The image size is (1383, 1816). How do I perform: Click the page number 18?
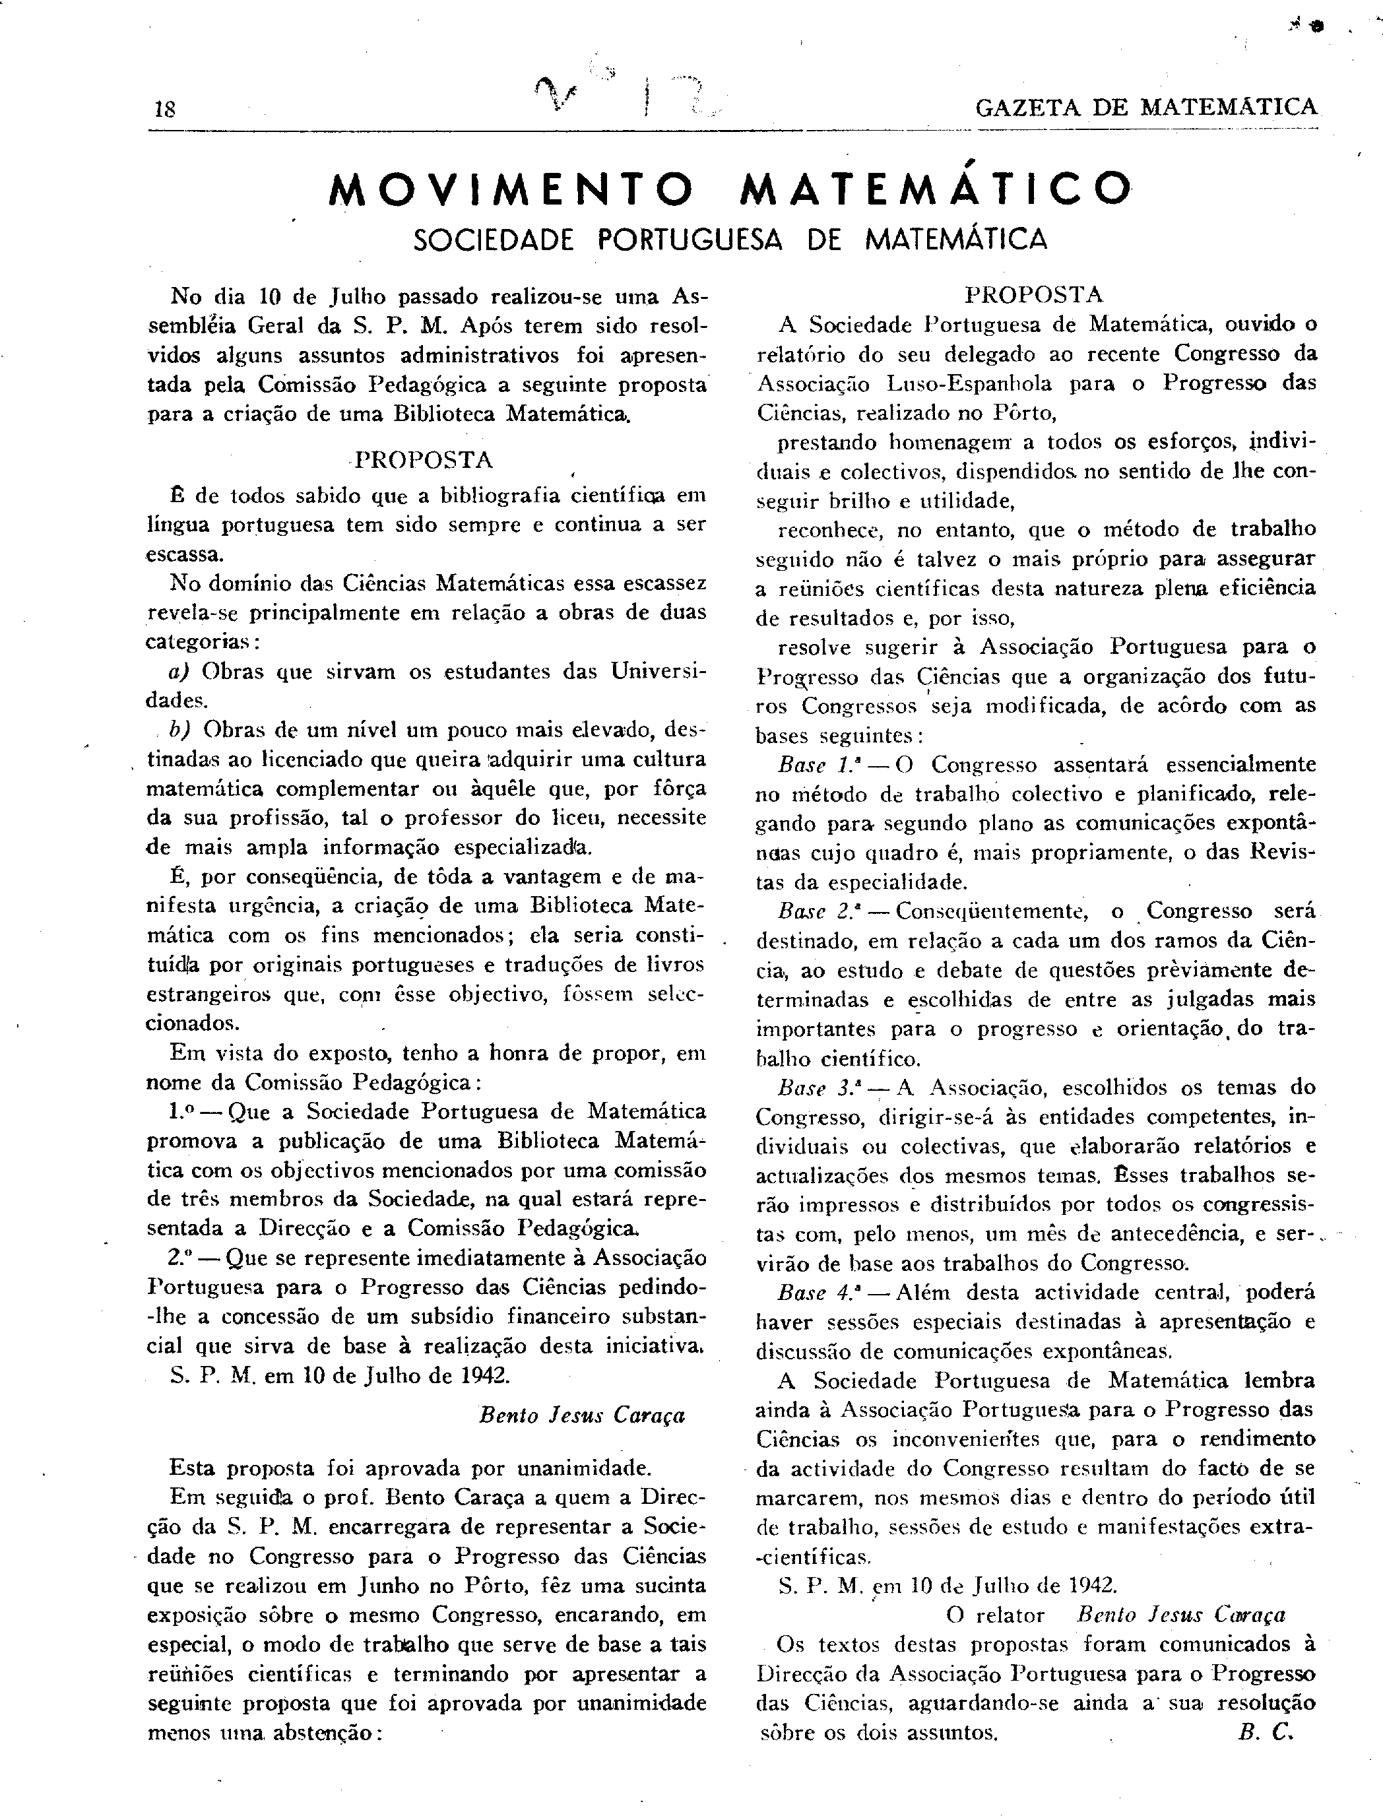click(x=165, y=110)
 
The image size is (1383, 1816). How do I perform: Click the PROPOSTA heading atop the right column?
click(x=1034, y=295)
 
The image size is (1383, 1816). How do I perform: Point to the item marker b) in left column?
click(x=180, y=729)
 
